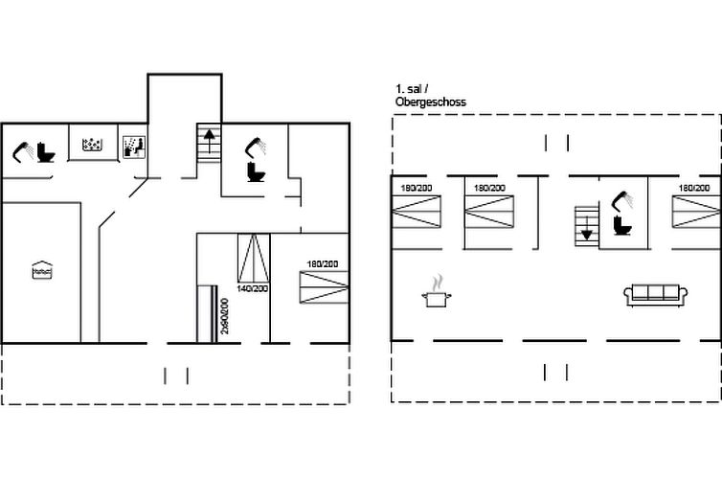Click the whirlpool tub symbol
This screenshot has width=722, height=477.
click(92, 145)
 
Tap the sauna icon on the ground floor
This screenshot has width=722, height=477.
click(134, 147)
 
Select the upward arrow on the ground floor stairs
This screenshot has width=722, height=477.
click(209, 141)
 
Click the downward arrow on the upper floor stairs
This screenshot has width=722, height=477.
click(586, 228)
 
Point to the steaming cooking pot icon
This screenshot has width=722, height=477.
click(437, 292)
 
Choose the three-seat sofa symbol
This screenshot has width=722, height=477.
click(656, 295)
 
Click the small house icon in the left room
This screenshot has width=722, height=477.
click(42, 270)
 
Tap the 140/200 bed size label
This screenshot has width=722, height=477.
click(253, 288)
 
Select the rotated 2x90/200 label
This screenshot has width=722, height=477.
click(224, 316)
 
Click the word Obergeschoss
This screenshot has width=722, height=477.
click(431, 102)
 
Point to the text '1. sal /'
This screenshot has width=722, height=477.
click(412, 89)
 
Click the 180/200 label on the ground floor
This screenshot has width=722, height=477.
click(323, 263)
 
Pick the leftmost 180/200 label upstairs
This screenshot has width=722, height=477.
click(417, 188)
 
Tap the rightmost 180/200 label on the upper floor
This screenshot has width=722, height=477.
click(694, 188)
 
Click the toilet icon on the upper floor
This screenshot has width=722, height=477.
click(622, 225)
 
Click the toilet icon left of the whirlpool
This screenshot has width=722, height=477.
click(46, 152)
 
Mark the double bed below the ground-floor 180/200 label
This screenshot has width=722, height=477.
click(325, 287)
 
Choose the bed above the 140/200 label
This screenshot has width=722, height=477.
click(253, 258)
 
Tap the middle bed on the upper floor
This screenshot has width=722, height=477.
click(489, 212)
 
